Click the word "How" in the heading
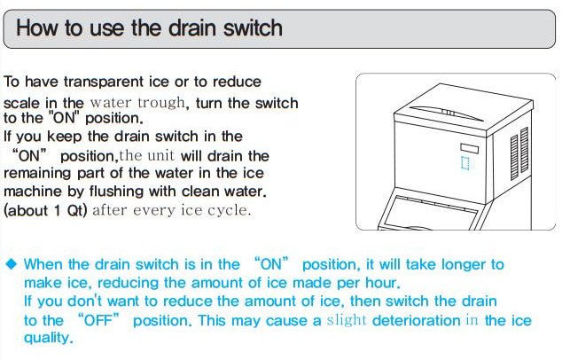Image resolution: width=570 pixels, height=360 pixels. pos(36,28)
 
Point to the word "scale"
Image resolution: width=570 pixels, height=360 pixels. pos(21,103)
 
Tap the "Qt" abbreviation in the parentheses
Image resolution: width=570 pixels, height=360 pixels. pos(74,210)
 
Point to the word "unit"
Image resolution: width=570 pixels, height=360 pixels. pos(160,156)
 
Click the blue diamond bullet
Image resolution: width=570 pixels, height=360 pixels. pos(12,264)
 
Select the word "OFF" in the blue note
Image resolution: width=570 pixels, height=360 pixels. pos(98,320)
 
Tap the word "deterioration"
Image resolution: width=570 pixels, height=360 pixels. pos(417,321)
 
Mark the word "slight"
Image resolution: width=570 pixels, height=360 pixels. pos(347,320)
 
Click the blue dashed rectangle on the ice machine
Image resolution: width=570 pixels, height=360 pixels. pos(465,162)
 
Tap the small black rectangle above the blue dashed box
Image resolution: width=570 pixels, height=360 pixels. pos(469,148)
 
